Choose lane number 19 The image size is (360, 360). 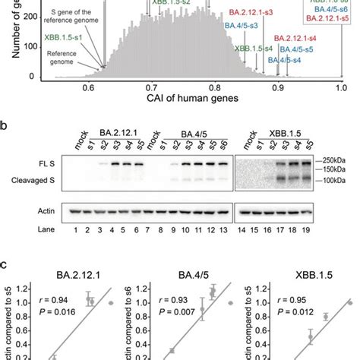pyautogui.click(x=307, y=229)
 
